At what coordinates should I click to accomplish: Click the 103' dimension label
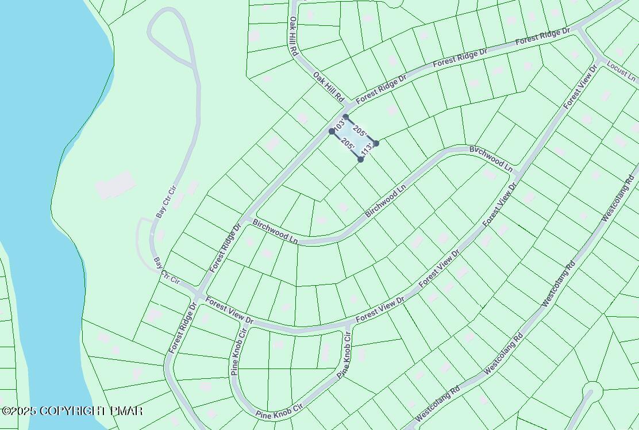[x=339, y=124]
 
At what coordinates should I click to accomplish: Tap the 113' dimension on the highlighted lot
[x=368, y=151]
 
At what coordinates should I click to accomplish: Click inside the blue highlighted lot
[x=354, y=138]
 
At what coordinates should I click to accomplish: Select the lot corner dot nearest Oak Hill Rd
[x=345, y=117]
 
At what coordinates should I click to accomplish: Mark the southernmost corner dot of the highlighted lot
[x=360, y=159]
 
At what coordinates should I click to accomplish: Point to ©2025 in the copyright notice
[x=18, y=411]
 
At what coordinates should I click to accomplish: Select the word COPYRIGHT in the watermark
[x=74, y=411]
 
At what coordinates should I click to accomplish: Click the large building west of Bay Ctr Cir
[x=116, y=186]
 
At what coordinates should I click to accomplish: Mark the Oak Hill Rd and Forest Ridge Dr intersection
[x=346, y=107]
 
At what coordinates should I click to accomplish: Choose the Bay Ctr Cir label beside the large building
[x=165, y=201]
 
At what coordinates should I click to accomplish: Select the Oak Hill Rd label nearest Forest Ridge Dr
[x=328, y=86]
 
